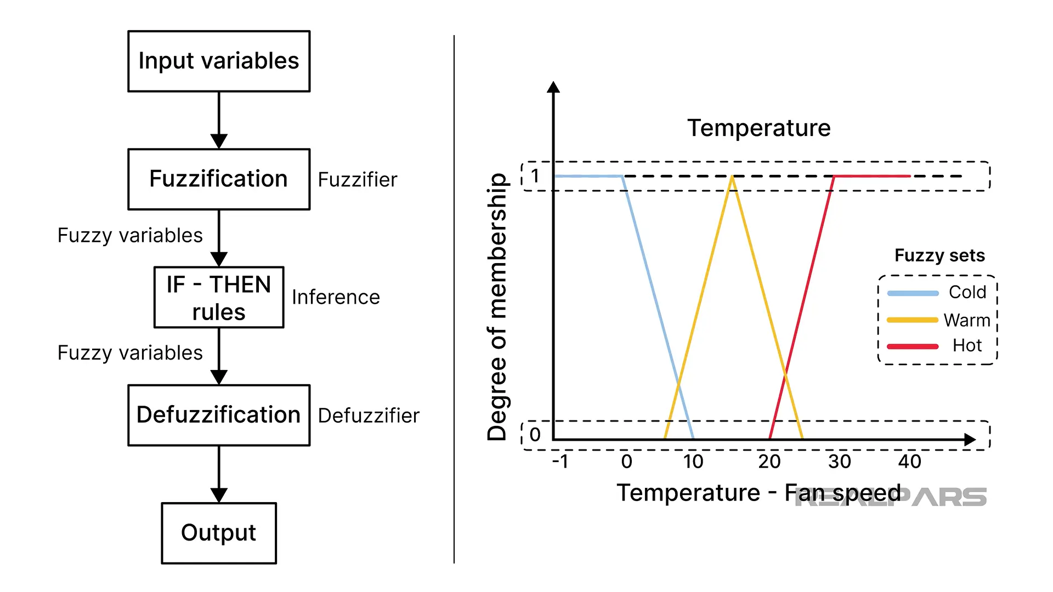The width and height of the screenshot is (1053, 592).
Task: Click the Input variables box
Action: [219, 61]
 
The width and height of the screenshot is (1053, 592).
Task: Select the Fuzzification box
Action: [219, 179]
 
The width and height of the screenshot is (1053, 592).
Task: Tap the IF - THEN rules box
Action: [219, 298]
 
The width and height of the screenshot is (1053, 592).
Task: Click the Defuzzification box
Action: [219, 415]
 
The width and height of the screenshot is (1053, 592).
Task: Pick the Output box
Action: [219, 533]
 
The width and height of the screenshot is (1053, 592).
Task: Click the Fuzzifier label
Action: [358, 180]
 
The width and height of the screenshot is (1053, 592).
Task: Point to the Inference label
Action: [336, 297]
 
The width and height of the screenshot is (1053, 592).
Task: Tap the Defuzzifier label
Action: [369, 415]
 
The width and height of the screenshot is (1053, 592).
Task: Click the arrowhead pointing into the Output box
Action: [219, 495]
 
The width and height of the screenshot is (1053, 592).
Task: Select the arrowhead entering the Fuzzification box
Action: [219, 141]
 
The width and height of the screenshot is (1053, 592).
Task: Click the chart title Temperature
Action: [759, 128]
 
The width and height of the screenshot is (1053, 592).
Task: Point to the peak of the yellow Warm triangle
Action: [732, 177]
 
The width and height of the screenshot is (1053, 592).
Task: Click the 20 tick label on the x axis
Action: [769, 462]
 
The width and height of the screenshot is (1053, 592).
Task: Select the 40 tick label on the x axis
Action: [909, 462]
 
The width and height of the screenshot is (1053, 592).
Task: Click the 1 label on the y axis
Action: [535, 176]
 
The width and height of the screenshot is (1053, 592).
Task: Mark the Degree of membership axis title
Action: [497, 307]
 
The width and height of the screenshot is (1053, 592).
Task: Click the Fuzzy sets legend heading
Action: [939, 255]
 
